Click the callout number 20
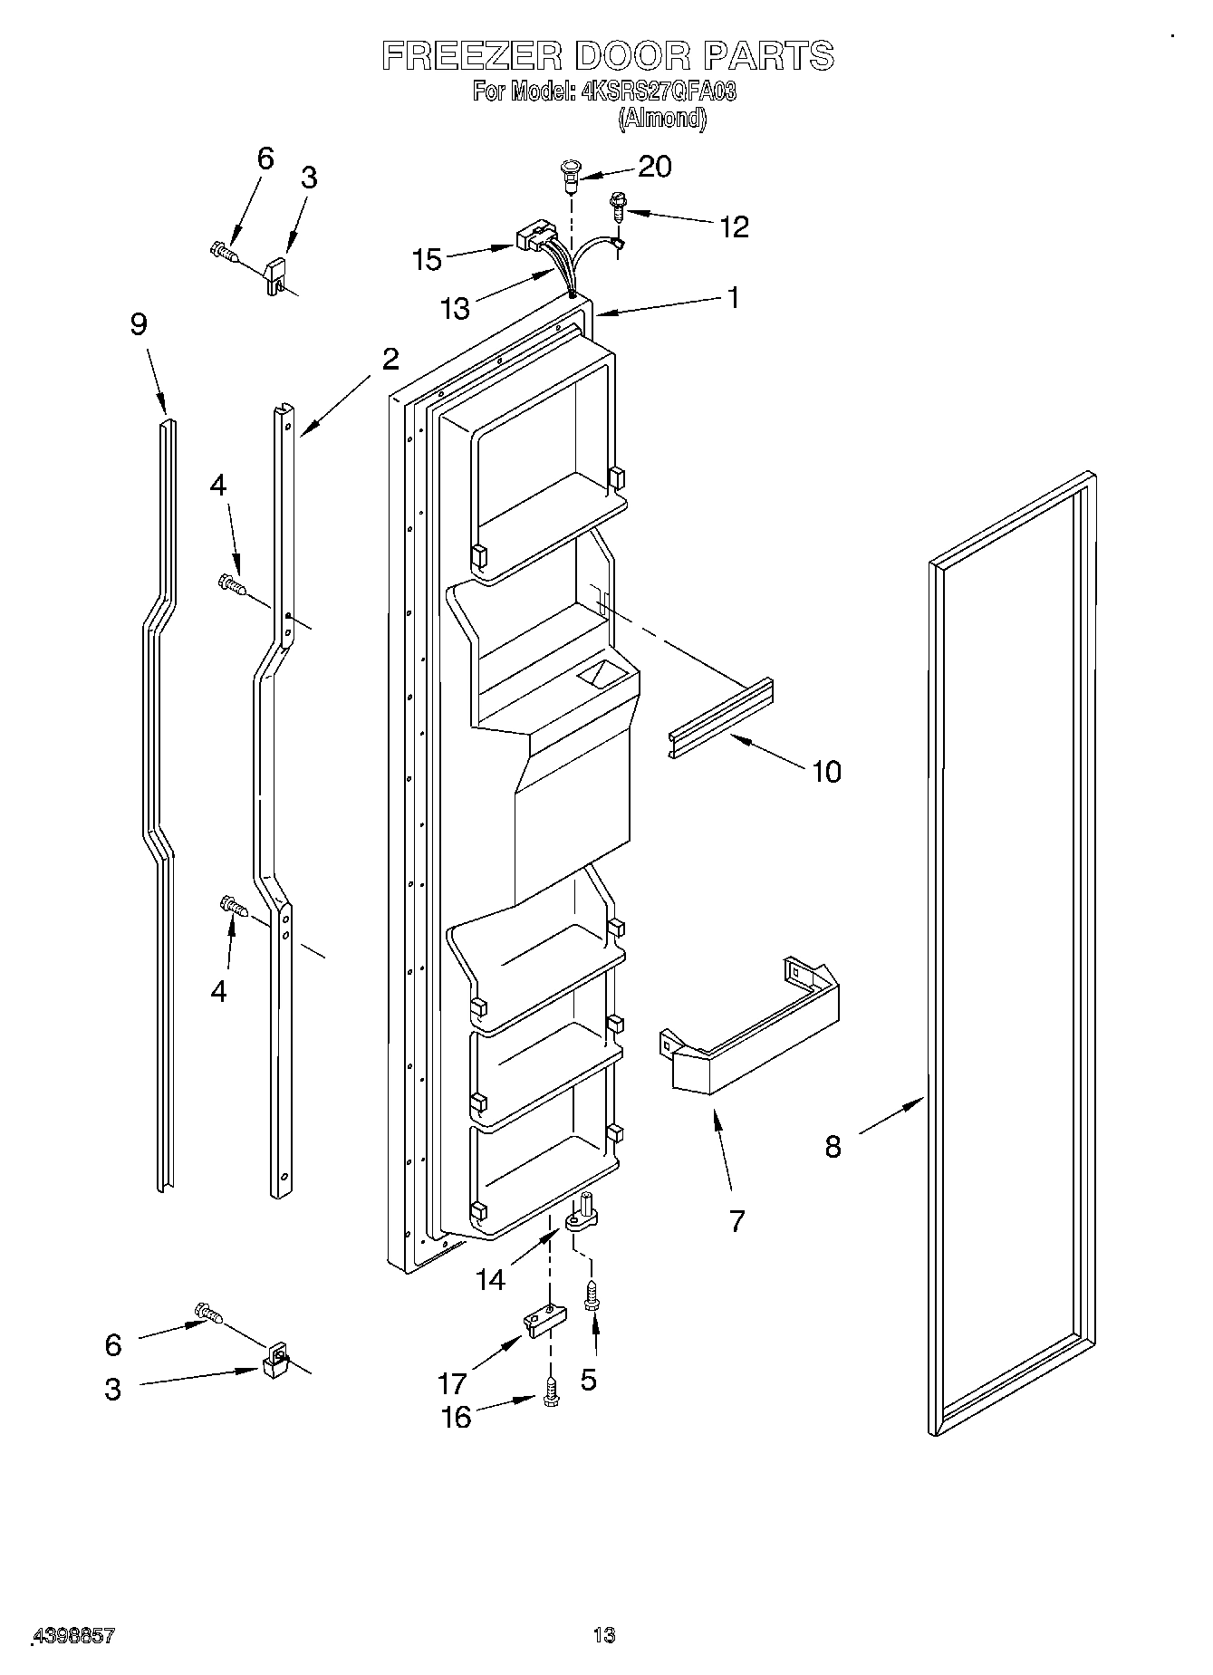654,167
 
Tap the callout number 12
734,226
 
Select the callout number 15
427,259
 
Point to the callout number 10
826,772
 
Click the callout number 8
833,1147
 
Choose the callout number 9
139,324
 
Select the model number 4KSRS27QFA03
658,91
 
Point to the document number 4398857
74,1635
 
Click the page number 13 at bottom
604,1635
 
